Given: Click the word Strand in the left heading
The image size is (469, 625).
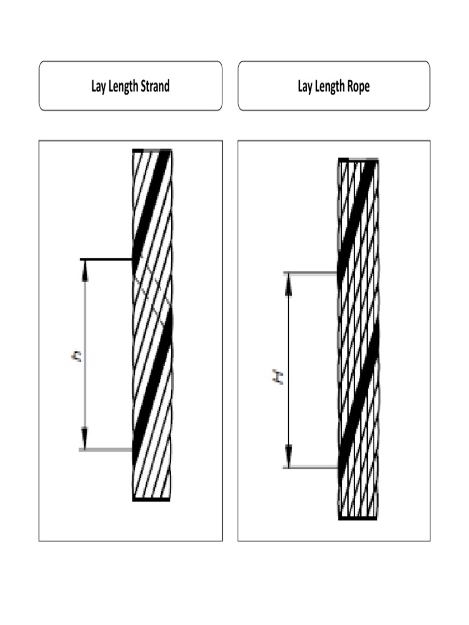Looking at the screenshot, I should click(x=155, y=86).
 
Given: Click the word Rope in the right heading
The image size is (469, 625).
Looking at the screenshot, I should click(x=358, y=86).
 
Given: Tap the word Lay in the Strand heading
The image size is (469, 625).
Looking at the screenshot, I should click(x=99, y=86).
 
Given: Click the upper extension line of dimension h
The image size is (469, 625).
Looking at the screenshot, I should click(x=107, y=259).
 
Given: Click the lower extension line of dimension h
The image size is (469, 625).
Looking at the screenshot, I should click(x=107, y=450).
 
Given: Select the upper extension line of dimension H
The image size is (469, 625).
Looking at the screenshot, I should click(x=311, y=273).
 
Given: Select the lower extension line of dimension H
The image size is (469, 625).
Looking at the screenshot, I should click(x=311, y=468).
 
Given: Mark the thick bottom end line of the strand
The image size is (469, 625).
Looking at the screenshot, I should click(x=151, y=499).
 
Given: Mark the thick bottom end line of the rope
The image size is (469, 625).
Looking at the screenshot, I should click(x=357, y=518).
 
